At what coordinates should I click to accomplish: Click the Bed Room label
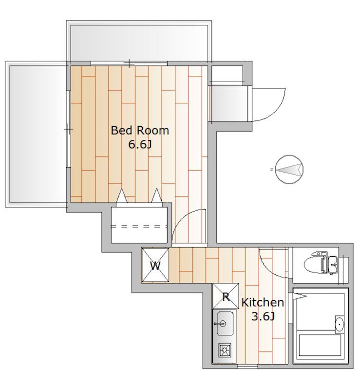click(x=140, y=131)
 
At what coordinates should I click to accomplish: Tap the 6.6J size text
click(x=140, y=144)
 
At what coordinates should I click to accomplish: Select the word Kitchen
click(x=263, y=302)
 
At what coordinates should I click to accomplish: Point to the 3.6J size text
click(x=263, y=316)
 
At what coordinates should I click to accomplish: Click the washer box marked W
click(x=155, y=266)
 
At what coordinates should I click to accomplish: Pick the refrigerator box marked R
click(x=226, y=296)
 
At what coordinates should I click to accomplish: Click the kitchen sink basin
click(x=225, y=323)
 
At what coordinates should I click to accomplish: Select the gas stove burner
click(x=225, y=351)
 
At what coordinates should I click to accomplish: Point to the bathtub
click(x=320, y=345)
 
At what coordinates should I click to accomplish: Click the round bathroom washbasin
click(x=340, y=324)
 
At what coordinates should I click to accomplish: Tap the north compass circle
click(x=289, y=170)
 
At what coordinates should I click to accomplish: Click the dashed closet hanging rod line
click(x=139, y=226)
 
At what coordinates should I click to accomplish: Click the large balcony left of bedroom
click(x=37, y=134)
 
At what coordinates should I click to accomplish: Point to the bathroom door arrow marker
click(x=300, y=296)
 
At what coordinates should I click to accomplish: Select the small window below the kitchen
click(x=247, y=367)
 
